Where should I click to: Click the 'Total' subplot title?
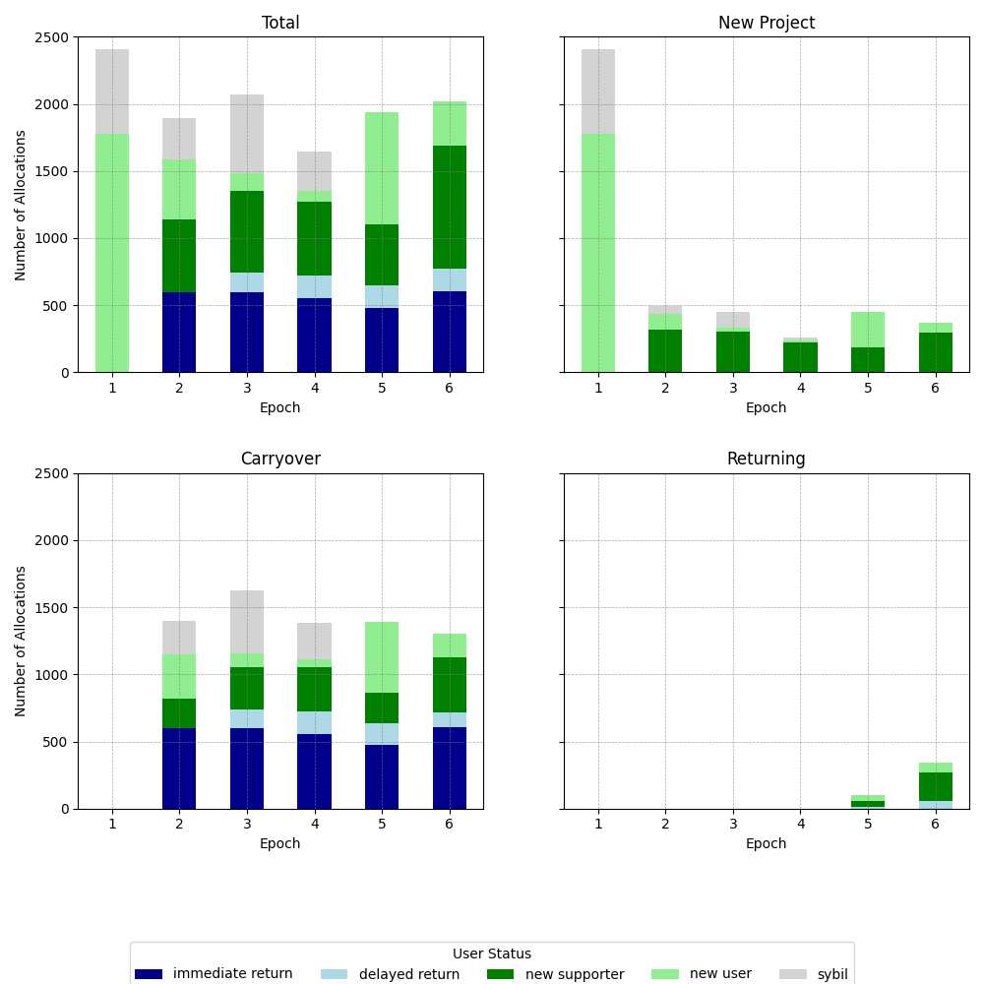point(280,23)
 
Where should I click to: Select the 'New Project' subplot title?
point(766,23)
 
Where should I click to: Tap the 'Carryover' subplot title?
point(280,459)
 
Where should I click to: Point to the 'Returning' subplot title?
point(766,459)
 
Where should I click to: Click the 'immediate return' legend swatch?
point(149,974)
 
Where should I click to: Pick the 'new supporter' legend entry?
point(556,974)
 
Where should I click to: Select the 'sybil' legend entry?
point(814,974)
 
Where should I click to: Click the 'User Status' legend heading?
point(491,953)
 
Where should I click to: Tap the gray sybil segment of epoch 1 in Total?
point(112,92)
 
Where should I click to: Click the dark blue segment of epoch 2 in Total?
point(179,332)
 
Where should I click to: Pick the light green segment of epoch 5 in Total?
point(382,168)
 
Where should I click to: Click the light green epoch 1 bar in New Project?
point(598,253)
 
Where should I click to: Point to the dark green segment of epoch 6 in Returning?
point(935,786)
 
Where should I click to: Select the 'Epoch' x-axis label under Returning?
point(766,843)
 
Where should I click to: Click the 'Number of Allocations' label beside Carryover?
point(21,641)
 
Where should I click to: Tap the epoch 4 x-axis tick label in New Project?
point(800,388)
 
